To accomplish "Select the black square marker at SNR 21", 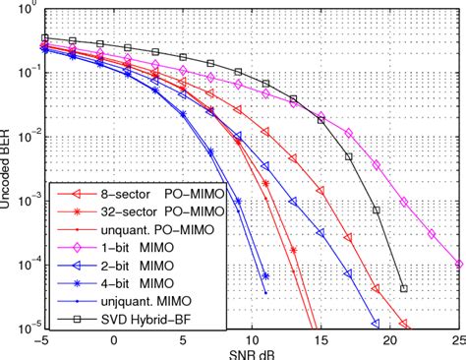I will (404, 289).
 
